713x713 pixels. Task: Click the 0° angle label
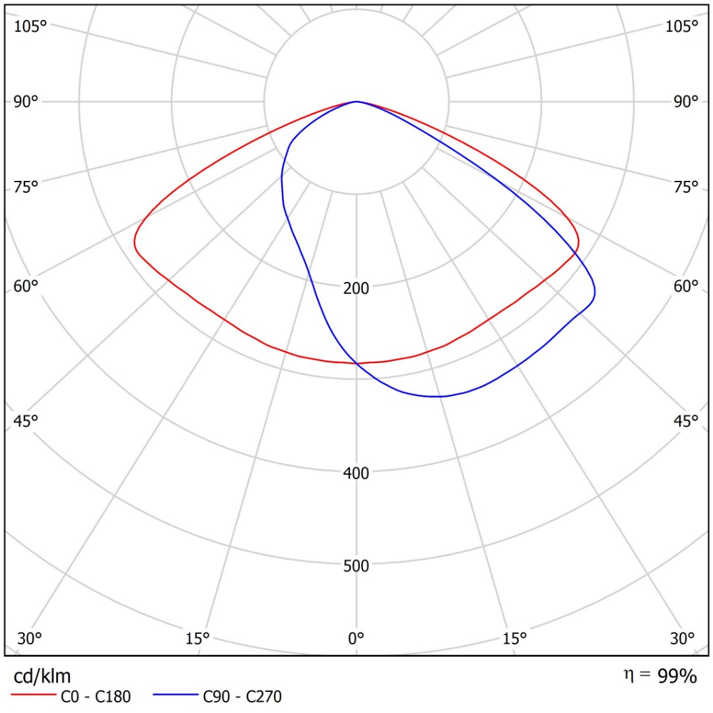(356, 639)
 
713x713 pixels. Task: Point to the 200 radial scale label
(356, 289)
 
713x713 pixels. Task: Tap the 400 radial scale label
(356, 473)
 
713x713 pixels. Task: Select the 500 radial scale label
(356, 566)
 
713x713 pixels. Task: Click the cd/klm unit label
(42, 677)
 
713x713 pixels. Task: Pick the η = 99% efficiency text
(660, 676)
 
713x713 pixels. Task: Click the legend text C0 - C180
(96, 696)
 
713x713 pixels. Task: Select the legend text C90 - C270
(242, 696)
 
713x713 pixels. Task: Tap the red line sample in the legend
(33, 695)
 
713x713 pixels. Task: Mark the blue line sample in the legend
(176, 695)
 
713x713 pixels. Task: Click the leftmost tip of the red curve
(135, 242)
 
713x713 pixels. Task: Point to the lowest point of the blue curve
(436, 397)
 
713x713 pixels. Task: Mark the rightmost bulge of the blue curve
(595, 292)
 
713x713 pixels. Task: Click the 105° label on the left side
(30, 27)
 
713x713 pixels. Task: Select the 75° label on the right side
(686, 187)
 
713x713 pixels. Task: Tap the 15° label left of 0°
(197, 639)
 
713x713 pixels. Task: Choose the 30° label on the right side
(682, 639)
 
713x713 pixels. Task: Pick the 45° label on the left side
(26, 421)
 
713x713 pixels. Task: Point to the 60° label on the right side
(686, 287)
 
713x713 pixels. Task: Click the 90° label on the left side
(26, 102)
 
